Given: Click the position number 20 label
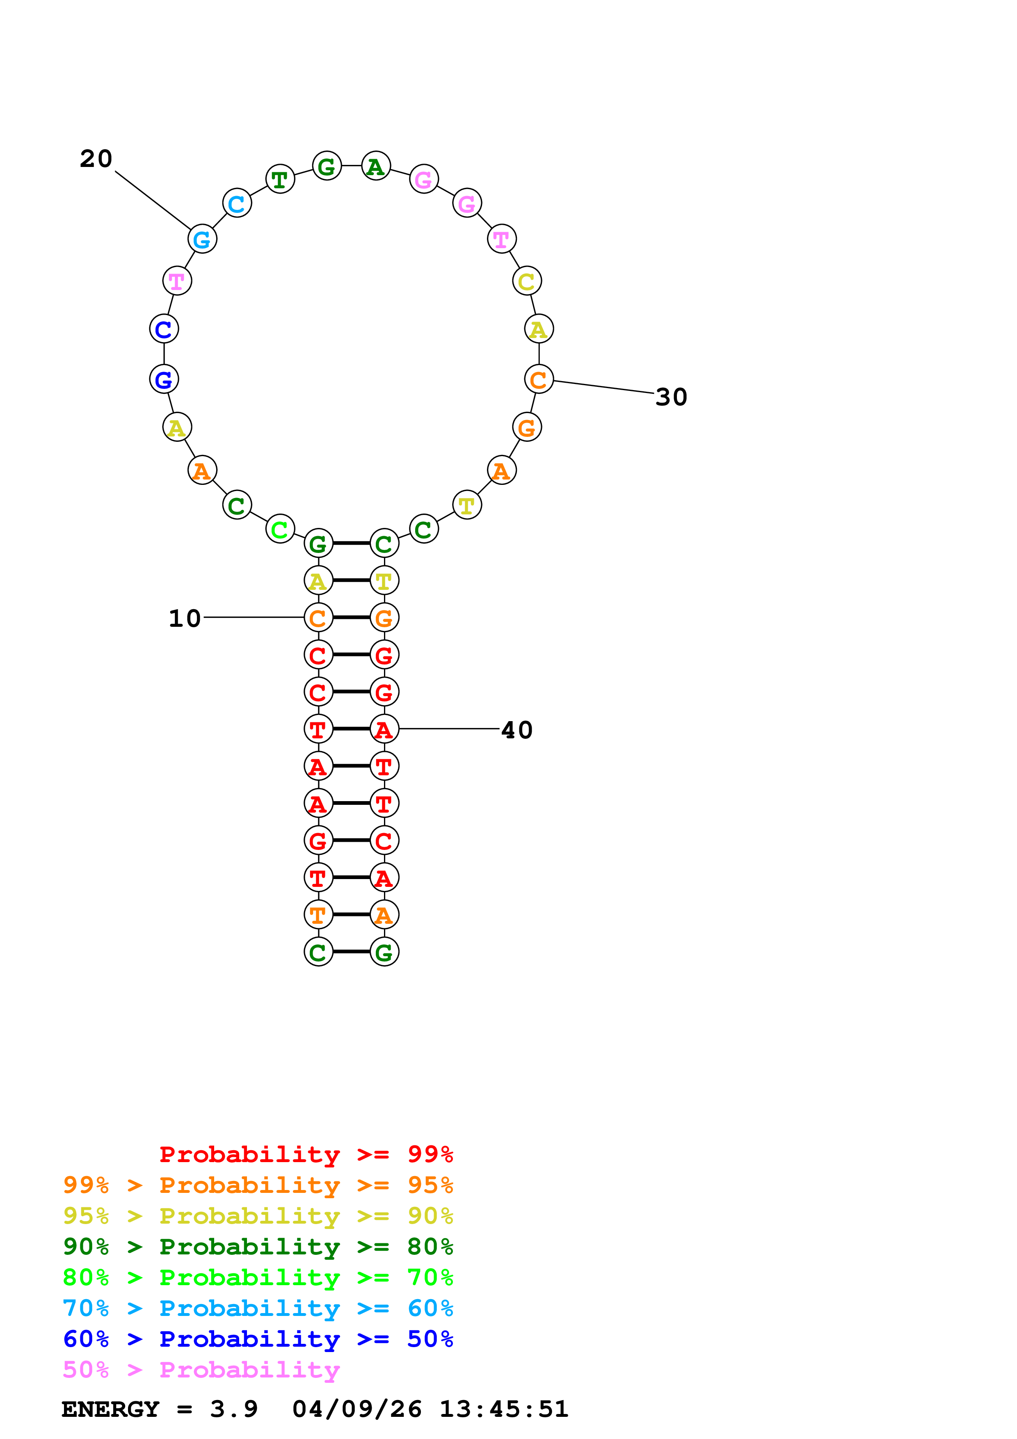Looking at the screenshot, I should (x=96, y=159).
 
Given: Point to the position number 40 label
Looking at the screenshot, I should (x=517, y=730).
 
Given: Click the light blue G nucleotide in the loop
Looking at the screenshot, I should (x=202, y=240).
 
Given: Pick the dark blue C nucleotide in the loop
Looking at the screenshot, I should (x=164, y=329).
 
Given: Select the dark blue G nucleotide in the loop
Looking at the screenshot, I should (x=164, y=379).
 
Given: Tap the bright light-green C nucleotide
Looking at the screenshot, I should (x=280, y=530).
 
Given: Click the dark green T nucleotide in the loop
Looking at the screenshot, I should (x=280, y=180).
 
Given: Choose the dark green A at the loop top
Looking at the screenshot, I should (x=376, y=167).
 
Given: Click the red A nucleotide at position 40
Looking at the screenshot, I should (x=384, y=729).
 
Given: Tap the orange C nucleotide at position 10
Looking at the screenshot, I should (x=318, y=618).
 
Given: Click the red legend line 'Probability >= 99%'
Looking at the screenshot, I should (x=306, y=1154).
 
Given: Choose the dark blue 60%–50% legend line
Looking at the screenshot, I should (x=258, y=1339).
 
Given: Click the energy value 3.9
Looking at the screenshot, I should (x=234, y=1409).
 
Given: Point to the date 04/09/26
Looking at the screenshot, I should (x=357, y=1409).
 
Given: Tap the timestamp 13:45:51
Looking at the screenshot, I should (x=504, y=1409).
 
